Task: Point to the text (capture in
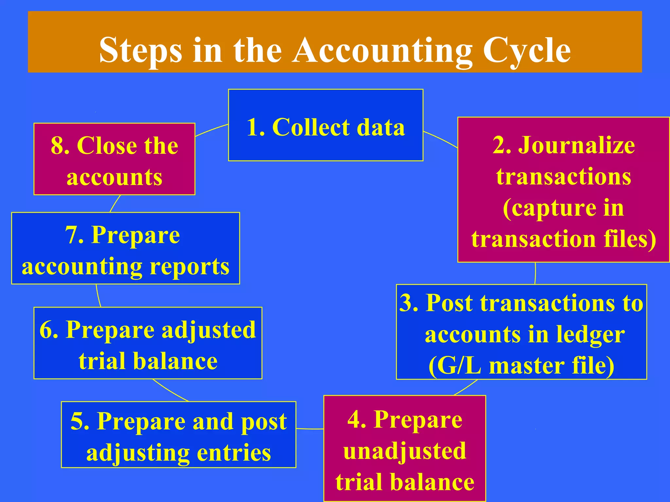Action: pyautogui.click(x=563, y=208)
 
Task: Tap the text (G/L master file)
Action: pyautogui.click(x=521, y=365)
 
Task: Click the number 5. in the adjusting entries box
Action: pyautogui.click(x=80, y=422)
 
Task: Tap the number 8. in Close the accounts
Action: pyautogui.click(x=60, y=145)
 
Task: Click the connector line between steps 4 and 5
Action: pyautogui.click(x=310, y=428)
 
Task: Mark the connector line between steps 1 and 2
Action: pyautogui.click(x=441, y=139)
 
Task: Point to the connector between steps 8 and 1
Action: pyautogui.click(x=211, y=129)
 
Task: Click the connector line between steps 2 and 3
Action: pyautogui.click(x=535, y=273)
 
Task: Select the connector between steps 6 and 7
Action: pyautogui.click(x=98, y=296)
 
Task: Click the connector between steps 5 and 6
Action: pyautogui.click(x=170, y=391)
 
